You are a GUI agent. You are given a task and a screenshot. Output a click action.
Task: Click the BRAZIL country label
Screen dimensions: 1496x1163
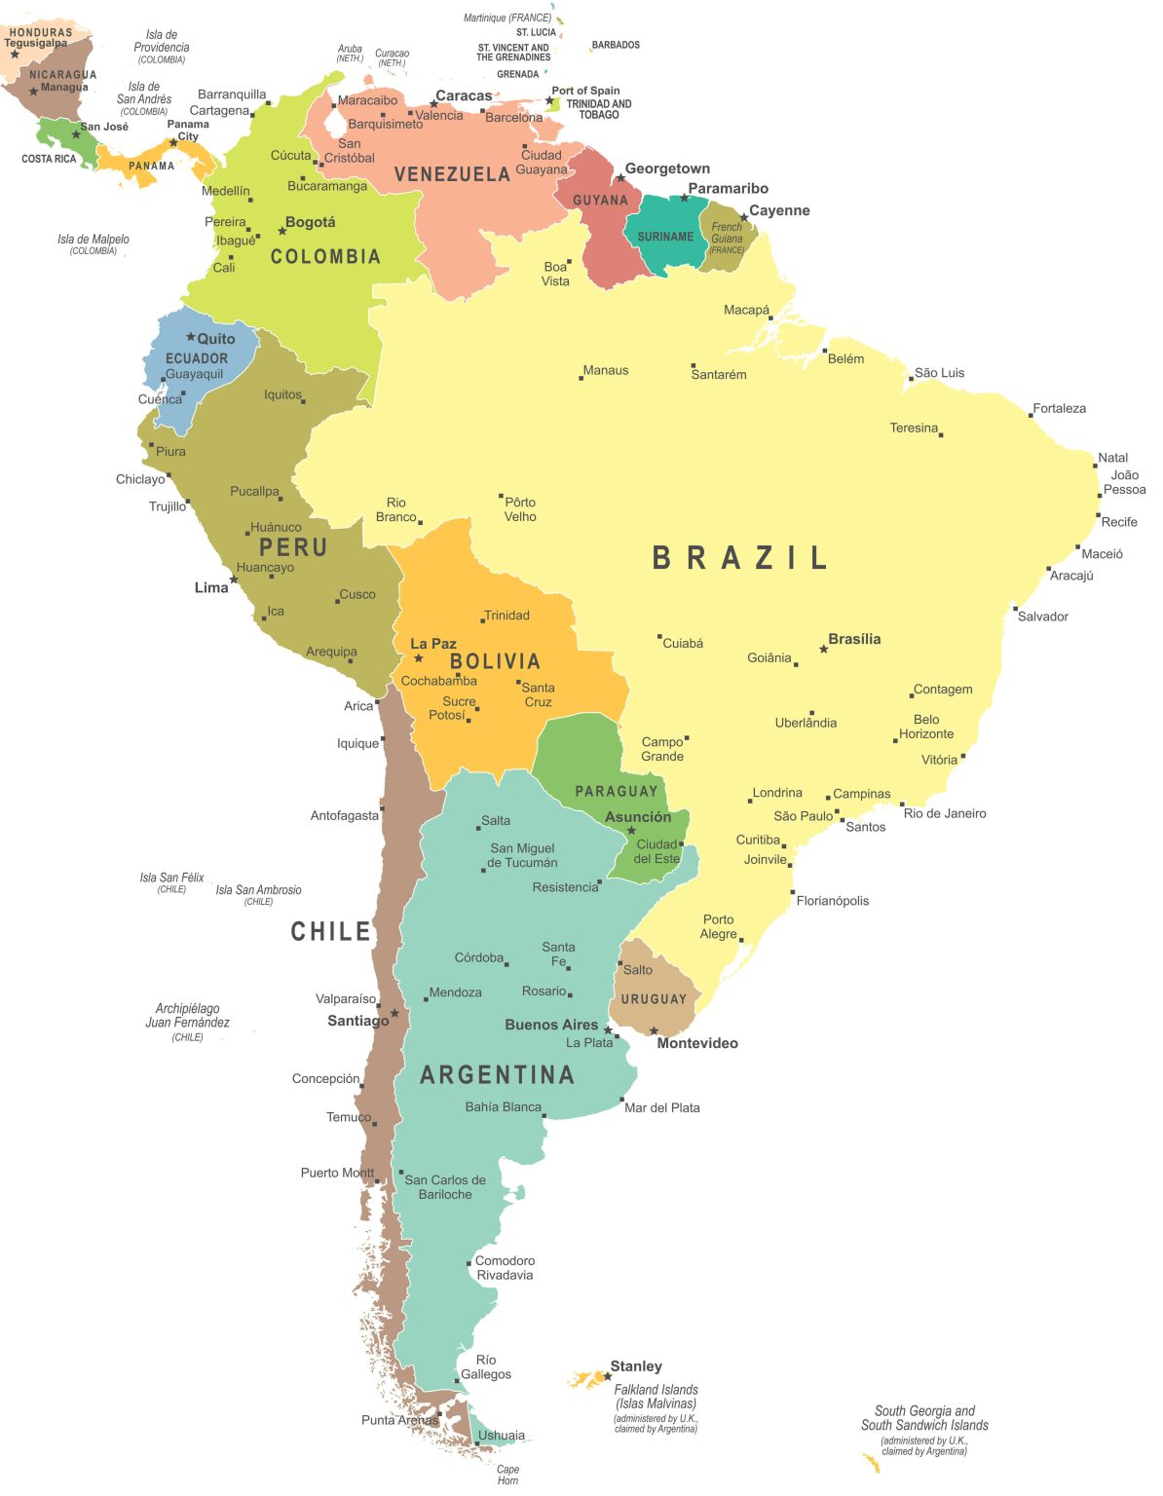739,558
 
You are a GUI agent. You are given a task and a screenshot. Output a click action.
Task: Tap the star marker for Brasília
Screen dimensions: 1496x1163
823,649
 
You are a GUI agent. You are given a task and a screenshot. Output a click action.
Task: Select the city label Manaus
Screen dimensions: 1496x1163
605,370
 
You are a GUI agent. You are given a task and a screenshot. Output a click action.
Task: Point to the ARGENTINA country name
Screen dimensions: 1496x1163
497,1075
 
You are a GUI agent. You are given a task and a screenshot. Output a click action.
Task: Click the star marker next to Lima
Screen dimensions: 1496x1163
234,580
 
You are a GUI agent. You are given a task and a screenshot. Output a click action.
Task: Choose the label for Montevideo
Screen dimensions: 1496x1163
696,1043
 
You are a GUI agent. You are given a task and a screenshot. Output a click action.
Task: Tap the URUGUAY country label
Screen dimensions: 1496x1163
654,999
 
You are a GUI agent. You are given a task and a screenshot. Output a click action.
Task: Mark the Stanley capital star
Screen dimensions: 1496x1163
608,1376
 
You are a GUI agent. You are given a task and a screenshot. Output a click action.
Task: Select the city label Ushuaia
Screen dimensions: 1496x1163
501,1435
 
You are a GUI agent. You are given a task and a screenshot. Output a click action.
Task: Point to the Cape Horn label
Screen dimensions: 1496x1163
507,1475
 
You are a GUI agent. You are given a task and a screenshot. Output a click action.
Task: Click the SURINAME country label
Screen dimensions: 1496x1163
665,237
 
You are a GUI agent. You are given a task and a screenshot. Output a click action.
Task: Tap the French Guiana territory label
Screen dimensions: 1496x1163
727,234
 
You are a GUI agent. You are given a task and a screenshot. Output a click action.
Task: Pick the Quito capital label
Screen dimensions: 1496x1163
215,339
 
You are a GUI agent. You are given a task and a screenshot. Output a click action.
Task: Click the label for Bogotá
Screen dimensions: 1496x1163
310,222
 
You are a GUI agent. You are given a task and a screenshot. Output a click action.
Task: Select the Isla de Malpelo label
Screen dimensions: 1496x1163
93,240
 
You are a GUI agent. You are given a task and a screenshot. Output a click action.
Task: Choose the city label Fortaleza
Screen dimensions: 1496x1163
1059,408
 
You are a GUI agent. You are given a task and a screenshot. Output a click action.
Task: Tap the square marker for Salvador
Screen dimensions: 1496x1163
1015,609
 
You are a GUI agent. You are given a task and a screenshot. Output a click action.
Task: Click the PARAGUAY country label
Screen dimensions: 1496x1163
616,792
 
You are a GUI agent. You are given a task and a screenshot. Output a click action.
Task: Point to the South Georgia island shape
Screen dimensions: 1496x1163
870,1462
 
